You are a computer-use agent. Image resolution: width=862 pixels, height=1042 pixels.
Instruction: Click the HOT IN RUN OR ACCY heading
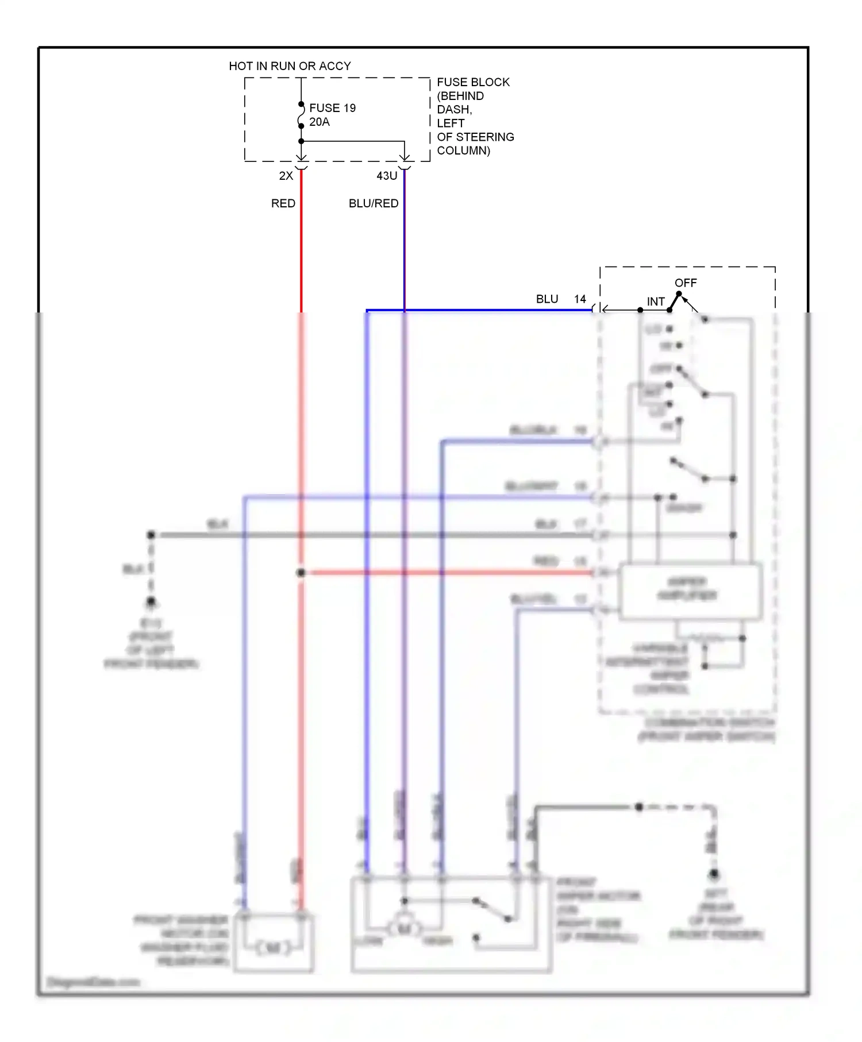[290, 66]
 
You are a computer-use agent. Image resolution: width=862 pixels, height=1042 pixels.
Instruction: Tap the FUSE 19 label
[332, 108]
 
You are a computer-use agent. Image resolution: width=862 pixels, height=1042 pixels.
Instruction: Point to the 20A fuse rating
[320, 122]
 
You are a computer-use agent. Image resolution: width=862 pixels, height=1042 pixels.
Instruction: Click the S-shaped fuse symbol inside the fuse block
[301, 115]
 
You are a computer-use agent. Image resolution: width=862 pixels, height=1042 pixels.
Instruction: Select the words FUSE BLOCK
[473, 82]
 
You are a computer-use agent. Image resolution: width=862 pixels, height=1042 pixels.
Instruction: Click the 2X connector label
[286, 176]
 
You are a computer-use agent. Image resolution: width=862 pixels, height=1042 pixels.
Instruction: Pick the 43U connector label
[387, 176]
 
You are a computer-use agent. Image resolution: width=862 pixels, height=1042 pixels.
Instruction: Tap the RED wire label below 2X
[283, 203]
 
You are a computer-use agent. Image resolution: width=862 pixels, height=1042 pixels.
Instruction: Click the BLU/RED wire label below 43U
[374, 203]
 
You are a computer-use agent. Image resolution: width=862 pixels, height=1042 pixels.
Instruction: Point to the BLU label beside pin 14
[547, 299]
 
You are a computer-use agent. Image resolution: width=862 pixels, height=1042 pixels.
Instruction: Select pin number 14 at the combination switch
[580, 299]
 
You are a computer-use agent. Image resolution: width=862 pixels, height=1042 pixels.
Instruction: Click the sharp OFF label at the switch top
[686, 283]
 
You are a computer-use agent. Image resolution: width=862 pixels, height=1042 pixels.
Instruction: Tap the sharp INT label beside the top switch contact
[656, 302]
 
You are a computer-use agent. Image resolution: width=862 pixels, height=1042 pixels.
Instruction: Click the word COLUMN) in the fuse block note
[463, 150]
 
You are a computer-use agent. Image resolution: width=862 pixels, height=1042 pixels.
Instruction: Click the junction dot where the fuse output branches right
[301, 141]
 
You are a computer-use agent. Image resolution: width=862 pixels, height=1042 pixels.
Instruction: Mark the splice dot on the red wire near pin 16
[301, 573]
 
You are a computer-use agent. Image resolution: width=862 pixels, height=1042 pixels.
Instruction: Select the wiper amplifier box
[690, 592]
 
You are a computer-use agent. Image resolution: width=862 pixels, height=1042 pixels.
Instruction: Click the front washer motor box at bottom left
[274, 942]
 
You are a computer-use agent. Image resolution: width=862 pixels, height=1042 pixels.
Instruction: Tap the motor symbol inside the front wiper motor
[405, 928]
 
